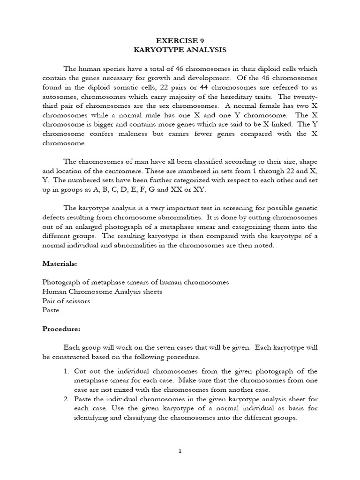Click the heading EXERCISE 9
pyautogui.click(x=180, y=40)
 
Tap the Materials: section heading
pyautogui.click(x=60, y=264)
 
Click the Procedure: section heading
pyautogui.click(x=61, y=329)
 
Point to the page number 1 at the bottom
pyautogui.click(x=180, y=451)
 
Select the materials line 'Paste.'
pyautogui.click(x=52, y=309)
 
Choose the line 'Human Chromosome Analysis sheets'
pyautogui.click(x=102, y=292)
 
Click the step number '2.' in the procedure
pyautogui.click(x=67, y=399)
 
